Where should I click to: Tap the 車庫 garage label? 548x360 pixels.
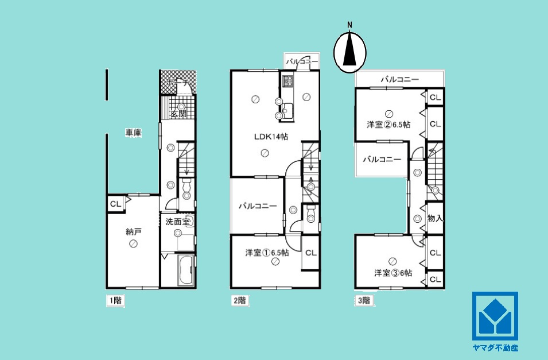134,133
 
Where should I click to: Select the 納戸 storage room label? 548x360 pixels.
133,232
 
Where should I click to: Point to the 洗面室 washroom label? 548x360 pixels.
177,220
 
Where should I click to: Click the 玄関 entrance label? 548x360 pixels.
178,114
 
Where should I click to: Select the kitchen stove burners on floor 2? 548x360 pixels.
287,81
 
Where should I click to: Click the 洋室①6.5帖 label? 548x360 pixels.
266,252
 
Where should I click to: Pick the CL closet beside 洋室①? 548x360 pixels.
310,252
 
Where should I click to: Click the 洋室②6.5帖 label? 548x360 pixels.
388,124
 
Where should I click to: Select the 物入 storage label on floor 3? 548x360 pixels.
435,218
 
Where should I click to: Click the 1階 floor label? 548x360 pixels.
115,300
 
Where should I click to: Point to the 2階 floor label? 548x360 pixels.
239,300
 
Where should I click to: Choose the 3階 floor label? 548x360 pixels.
364,300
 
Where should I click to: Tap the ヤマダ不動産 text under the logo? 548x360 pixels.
494,348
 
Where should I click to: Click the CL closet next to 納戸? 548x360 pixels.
115,203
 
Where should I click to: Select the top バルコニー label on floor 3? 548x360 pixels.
399,80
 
